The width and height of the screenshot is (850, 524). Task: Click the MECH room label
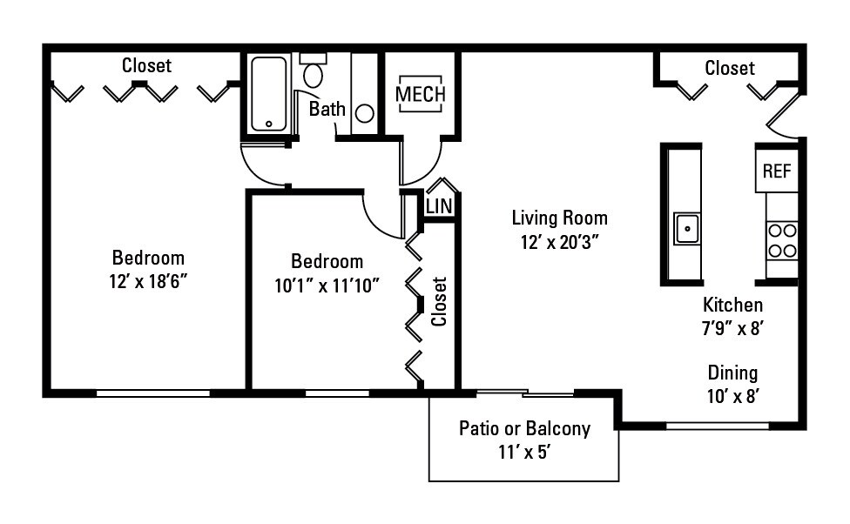click(421, 94)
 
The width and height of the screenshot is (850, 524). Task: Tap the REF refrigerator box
click(776, 171)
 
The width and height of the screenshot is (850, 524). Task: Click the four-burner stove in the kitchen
click(782, 240)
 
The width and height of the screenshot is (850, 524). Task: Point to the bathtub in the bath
click(268, 94)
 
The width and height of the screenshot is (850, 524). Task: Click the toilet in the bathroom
click(313, 71)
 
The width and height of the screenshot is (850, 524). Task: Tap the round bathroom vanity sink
click(365, 113)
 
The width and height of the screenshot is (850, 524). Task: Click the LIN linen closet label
click(439, 206)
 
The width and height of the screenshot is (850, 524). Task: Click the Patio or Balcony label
click(524, 428)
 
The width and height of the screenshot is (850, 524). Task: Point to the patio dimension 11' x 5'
click(524, 453)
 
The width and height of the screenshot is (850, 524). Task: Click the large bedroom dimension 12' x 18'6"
click(148, 282)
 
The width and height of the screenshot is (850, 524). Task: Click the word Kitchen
click(732, 305)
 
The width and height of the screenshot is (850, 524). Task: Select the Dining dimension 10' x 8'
click(732, 397)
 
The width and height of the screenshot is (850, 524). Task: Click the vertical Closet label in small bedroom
click(439, 301)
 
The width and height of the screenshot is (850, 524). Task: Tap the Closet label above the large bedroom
click(146, 65)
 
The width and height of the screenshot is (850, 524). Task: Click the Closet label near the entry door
click(729, 68)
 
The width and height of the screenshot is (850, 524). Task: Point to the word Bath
click(327, 110)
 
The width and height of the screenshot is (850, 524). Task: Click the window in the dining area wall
click(718, 426)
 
